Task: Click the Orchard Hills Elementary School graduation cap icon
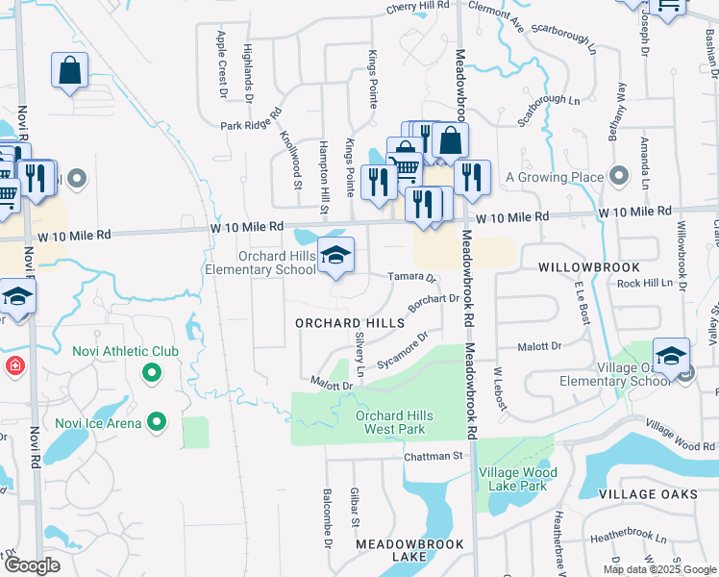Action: click(x=335, y=255)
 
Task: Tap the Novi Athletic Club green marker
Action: click(x=152, y=372)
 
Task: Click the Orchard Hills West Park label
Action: click(x=394, y=422)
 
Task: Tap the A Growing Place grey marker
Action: click(x=619, y=177)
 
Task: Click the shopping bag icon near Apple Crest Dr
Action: click(x=70, y=70)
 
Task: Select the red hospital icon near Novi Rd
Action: click(x=14, y=366)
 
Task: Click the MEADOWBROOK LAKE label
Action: click(x=397, y=550)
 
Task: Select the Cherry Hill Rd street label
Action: click(x=418, y=6)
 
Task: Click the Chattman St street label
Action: click(x=434, y=456)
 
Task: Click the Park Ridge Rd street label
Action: click(x=248, y=123)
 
